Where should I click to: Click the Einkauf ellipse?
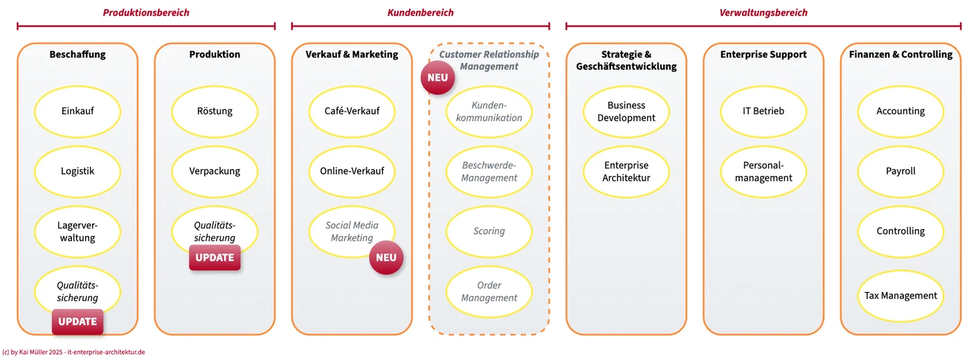click(x=78, y=111)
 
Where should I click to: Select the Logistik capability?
click(x=78, y=172)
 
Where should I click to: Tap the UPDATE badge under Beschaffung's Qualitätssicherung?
click(x=78, y=321)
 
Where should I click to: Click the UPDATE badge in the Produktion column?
click(x=215, y=258)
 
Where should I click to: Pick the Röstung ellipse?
click(x=215, y=111)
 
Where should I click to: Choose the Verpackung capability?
click(x=215, y=172)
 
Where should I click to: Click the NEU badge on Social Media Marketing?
click(x=386, y=258)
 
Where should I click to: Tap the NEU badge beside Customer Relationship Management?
click(x=437, y=78)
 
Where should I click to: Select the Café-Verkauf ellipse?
click(x=352, y=111)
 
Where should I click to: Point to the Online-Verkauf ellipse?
click(x=352, y=172)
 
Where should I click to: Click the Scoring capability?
click(x=489, y=231)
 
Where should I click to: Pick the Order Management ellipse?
click(x=489, y=291)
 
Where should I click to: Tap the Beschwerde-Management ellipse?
click(x=489, y=172)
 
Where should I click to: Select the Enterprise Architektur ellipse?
click(x=626, y=172)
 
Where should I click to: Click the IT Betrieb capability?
click(x=763, y=111)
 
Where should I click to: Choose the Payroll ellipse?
click(x=900, y=172)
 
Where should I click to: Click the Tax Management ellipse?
click(x=900, y=296)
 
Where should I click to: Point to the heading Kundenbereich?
click(x=421, y=12)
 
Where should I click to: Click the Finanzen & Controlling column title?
click(x=900, y=55)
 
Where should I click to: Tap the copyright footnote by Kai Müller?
click(x=73, y=352)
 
